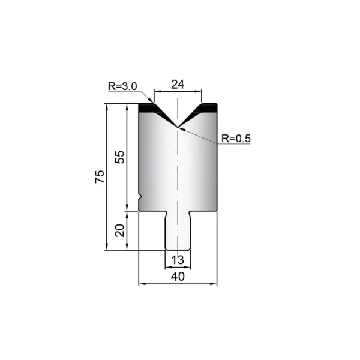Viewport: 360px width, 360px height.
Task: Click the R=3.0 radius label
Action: pyautogui.click(x=122, y=86)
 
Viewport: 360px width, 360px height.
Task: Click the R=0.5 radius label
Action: pyautogui.click(x=236, y=139)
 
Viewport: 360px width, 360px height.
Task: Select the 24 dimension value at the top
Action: pyautogui.click(x=178, y=85)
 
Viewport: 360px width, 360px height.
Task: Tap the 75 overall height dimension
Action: pyautogui.click(x=100, y=176)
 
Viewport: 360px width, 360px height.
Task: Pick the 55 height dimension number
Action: pyautogui.click(x=119, y=157)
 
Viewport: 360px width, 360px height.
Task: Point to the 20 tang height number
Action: pyautogui.click(x=119, y=230)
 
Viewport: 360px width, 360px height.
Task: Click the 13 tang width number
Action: pyautogui.click(x=178, y=260)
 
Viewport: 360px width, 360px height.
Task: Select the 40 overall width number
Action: pyautogui.click(x=178, y=277)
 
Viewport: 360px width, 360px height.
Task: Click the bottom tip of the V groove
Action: pyautogui.click(x=178, y=127)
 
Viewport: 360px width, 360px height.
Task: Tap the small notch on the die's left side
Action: pyautogui.click(x=140, y=197)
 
